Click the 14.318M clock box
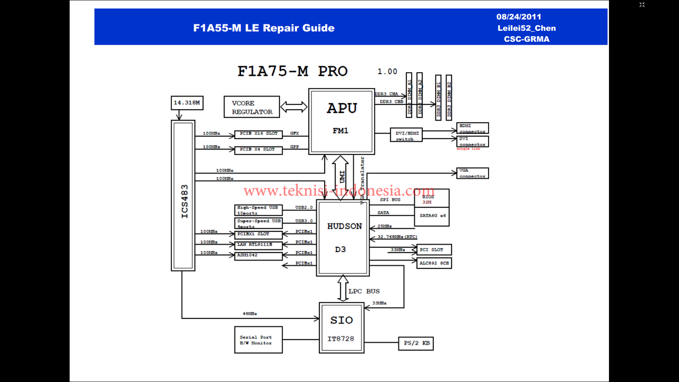pos(187,102)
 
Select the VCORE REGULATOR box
pos(252,107)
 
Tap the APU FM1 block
pos(342,121)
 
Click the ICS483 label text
pos(184,201)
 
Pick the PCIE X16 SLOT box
pos(258,134)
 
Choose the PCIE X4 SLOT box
pos(258,150)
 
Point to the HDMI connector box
pos(472,128)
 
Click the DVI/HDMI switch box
pos(407,135)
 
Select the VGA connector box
pos(472,173)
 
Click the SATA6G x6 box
pos(432,216)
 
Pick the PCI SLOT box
pos(434,249)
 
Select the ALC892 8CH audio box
pos(434,263)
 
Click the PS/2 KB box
pos(416,344)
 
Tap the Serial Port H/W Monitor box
pos(258,340)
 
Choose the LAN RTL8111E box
pos(258,245)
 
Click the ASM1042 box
pos(258,256)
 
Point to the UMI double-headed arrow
pos(341,178)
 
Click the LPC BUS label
pos(364,291)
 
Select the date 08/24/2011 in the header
pos(519,17)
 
